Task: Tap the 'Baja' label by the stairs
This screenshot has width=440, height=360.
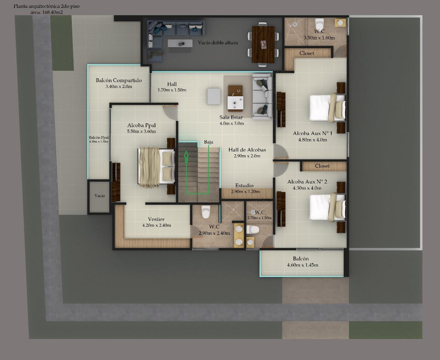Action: [x=209, y=142]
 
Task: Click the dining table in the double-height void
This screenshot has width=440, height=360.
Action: [x=263, y=44]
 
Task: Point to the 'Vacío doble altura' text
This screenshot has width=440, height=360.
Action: [x=218, y=43]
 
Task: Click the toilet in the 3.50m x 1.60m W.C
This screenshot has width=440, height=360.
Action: [x=319, y=24]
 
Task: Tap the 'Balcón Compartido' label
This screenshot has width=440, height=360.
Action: [x=119, y=80]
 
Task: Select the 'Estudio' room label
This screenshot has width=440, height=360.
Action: [x=244, y=185]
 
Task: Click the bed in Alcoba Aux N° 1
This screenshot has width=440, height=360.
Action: [x=327, y=108]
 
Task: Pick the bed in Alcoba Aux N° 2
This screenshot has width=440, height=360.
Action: [x=327, y=207]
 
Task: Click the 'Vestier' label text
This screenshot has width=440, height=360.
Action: [x=156, y=219]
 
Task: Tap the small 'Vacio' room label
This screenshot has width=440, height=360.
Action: [x=100, y=196]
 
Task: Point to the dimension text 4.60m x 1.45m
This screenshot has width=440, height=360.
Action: [x=302, y=265]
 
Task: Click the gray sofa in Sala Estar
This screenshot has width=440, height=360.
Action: [x=262, y=97]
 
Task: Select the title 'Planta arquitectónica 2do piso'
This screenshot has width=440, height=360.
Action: [x=46, y=6]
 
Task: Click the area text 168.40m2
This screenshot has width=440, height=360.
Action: [x=52, y=12]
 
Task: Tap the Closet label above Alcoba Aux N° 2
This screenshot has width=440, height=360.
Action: [x=322, y=166]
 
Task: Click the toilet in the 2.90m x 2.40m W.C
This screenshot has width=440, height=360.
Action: [x=206, y=212]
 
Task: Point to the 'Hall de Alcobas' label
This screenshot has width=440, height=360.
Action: [x=247, y=150]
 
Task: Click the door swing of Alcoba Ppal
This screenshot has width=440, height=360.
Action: [x=170, y=113]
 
